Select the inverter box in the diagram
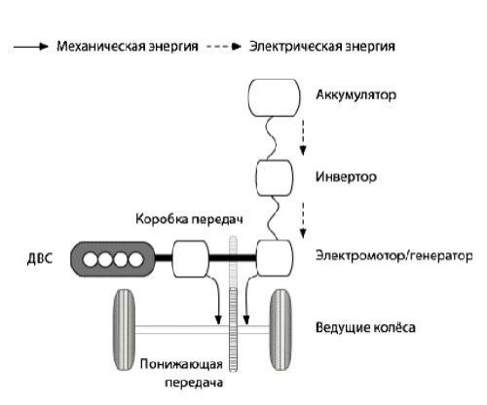(277, 177)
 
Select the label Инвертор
(345, 178)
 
